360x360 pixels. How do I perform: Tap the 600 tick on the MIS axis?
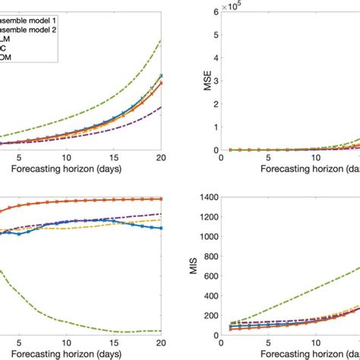pyautogui.click(x=207, y=273)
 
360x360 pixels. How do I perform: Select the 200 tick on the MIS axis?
pyautogui.click(x=207, y=311)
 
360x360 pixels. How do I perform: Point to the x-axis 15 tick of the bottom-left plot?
pyautogui.click(x=115, y=341)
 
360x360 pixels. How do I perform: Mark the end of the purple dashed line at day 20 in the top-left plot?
pyautogui.click(x=161, y=107)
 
